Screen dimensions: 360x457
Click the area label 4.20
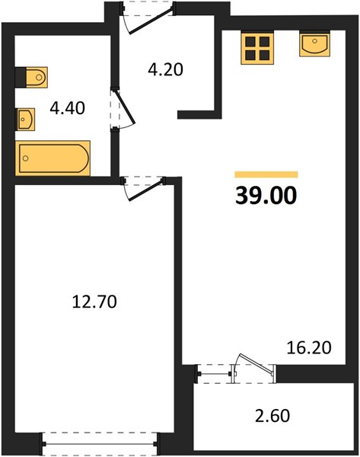pyautogui.click(x=165, y=70)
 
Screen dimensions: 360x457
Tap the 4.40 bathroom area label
pyautogui.click(x=67, y=108)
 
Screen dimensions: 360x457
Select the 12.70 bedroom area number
pyautogui.click(x=94, y=302)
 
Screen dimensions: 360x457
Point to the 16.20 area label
pyautogui.click(x=309, y=348)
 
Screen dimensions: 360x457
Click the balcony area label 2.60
pyautogui.click(x=272, y=416)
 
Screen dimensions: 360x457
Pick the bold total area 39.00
pyautogui.click(x=266, y=196)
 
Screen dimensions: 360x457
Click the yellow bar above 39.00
pyautogui.click(x=266, y=174)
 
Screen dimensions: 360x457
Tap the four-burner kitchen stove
pyautogui.click(x=257, y=49)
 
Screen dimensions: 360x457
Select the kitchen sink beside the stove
pyautogui.click(x=314, y=44)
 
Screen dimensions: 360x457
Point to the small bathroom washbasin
pyautogui.click(x=26, y=120)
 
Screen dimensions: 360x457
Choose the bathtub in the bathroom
pyautogui.click(x=53, y=158)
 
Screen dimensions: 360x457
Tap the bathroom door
pyautogui.click(x=123, y=108)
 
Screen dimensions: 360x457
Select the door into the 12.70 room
pyautogui.click(x=144, y=188)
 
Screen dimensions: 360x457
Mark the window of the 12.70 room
pyautogui.click(x=100, y=444)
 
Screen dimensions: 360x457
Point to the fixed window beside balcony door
pyautogui.click(x=214, y=374)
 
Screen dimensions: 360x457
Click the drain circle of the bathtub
pyautogui.click(x=26, y=158)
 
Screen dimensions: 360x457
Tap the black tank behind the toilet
pyautogui.click(x=20, y=77)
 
